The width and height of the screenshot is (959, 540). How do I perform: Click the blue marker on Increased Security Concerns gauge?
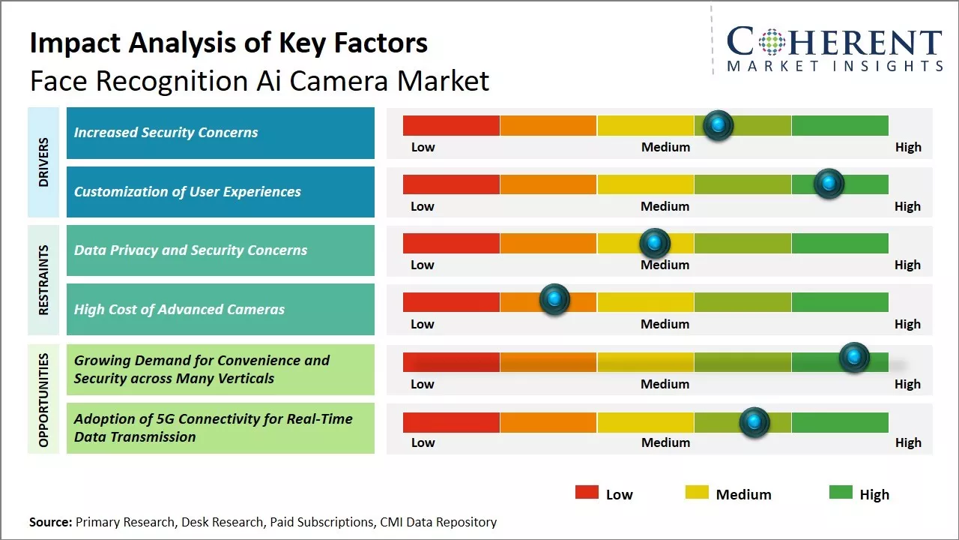pyautogui.click(x=718, y=125)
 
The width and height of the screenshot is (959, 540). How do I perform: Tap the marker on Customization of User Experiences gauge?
pyautogui.click(x=829, y=184)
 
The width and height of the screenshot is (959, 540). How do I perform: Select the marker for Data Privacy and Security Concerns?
pyautogui.click(x=654, y=243)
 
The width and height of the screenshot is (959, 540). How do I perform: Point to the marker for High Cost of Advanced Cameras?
pyautogui.click(x=554, y=300)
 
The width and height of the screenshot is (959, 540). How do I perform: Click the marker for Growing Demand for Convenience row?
pyautogui.click(x=853, y=358)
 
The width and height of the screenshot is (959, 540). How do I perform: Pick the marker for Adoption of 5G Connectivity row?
pyautogui.click(x=754, y=422)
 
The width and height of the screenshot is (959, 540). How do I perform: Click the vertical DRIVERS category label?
pyautogui.click(x=43, y=162)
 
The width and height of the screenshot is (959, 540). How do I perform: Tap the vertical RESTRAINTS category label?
pyautogui.click(x=43, y=280)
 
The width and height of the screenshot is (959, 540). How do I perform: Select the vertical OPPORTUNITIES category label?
pyautogui.click(x=43, y=400)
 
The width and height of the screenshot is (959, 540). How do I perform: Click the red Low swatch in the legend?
pyautogui.click(x=587, y=493)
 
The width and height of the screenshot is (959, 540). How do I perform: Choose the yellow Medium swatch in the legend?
pyautogui.click(x=697, y=493)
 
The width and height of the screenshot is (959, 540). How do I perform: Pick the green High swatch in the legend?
pyautogui.click(x=841, y=493)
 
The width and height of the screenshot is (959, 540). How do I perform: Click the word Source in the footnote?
pyautogui.click(x=50, y=522)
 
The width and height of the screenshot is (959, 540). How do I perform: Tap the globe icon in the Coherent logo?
pyautogui.click(x=771, y=43)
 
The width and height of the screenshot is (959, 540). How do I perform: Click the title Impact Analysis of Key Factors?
pyautogui.click(x=229, y=43)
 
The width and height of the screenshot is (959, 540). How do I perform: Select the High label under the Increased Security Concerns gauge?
pyautogui.click(x=908, y=147)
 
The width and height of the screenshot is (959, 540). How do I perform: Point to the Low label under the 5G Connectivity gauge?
pyautogui.click(x=423, y=442)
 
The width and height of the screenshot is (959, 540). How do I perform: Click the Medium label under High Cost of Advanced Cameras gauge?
pyautogui.click(x=665, y=324)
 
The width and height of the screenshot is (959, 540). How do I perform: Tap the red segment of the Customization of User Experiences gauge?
pyautogui.click(x=451, y=184)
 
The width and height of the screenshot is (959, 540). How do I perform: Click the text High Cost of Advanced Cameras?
pyautogui.click(x=179, y=309)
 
